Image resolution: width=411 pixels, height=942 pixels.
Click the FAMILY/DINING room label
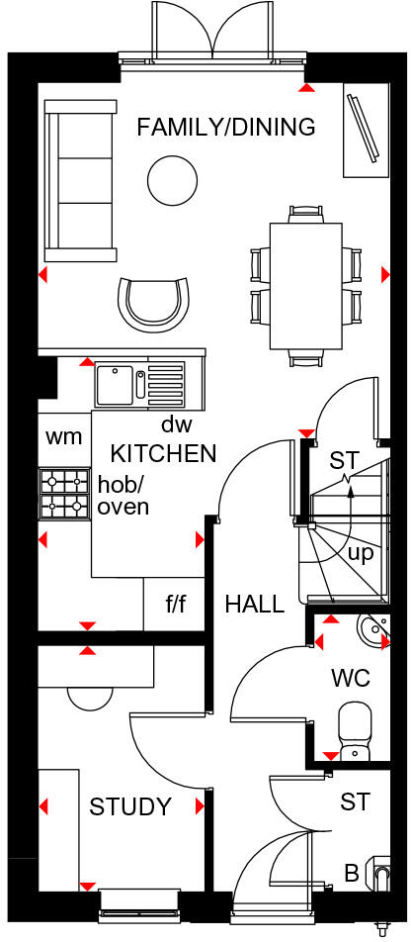click(x=226, y=127)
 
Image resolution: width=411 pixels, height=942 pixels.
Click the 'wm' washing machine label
click(x=64, y=436)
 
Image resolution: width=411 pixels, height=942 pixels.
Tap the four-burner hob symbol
click(x=64, y=494)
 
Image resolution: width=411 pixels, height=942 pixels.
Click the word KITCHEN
click(x=163, y=454)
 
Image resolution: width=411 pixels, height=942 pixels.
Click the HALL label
click(x=254, y=604)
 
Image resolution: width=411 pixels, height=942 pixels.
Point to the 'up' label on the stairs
click(x=361, y=551)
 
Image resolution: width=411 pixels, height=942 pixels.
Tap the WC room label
click(x=351, y=680)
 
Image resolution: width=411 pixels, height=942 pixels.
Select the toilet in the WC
click(x=354, y=730)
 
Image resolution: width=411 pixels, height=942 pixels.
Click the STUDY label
click(x=130, y=806)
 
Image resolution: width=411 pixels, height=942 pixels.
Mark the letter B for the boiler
click(x=351, y=874)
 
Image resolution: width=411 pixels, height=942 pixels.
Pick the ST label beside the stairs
click(x=344, y=460)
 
